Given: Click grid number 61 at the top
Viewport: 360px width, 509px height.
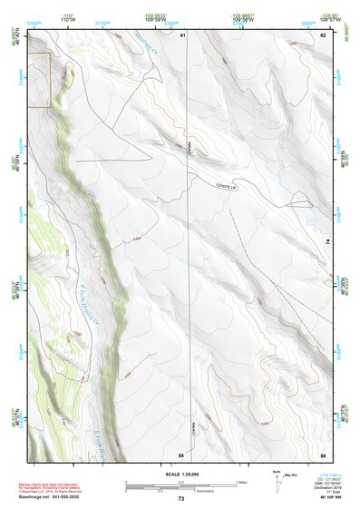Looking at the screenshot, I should pos(182,34).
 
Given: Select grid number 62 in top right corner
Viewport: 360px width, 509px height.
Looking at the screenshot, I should pos(323,34).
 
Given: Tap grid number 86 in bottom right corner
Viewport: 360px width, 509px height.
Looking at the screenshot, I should pos(323,454).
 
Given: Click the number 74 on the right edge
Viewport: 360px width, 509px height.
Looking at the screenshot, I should pos(328,241).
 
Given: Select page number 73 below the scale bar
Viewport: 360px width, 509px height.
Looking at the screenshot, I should pos(181,500).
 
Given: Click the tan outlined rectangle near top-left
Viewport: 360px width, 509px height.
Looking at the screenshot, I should pos(38,80).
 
